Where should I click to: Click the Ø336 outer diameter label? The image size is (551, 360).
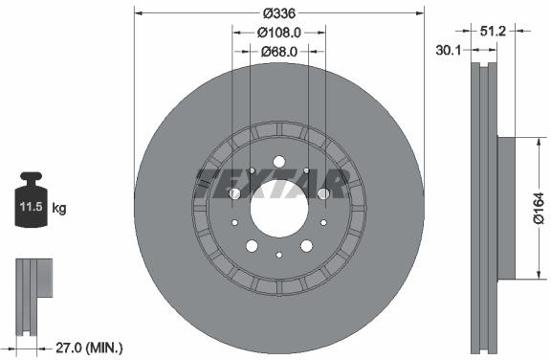pyautogui.click(x=279, y=13)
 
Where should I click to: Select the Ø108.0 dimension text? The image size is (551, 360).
pyautogui.click(x=279, y=33)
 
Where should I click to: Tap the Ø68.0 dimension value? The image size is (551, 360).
pyautogui.click(x=279, y=52)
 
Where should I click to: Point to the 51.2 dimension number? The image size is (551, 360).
pyautogui.click(x=493, y=32)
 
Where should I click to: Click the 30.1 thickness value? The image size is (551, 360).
pyautogui.click(x=448, y=51)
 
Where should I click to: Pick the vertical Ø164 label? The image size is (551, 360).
pyautogui.click(x=538, y=208)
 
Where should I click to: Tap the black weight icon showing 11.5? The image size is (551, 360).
pyautogui.click(x=31, y=199)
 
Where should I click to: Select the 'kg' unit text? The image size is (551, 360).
pyautogui.click(x=59, y=208)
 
